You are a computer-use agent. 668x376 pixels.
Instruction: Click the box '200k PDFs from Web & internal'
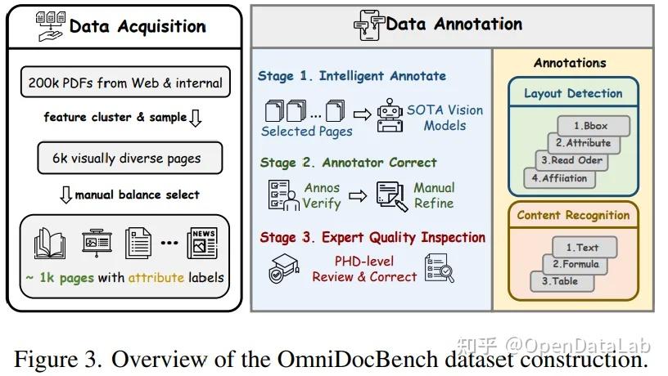tap(124, 83)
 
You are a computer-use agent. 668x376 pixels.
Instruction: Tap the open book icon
tap(50, 243)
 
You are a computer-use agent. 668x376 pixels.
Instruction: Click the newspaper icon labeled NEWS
tap(202, 242)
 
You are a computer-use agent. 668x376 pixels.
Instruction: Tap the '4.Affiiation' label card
tap(558, 177)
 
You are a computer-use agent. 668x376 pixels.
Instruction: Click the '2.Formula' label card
tap(575, 264)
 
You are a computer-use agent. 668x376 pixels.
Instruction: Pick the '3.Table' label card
tap(559, 281)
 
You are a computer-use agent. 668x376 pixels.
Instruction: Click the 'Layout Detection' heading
tap(573, 93)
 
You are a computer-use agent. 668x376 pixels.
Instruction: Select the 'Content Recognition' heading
tap(573, 216)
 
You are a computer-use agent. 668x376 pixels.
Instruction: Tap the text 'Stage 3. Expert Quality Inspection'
tap(372, 237)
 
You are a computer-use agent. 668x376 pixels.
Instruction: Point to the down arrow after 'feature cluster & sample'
tap(195, 119)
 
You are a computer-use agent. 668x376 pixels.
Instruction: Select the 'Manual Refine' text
tap(434, 195)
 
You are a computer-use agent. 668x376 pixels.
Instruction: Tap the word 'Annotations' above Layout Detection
tap(570, 63)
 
